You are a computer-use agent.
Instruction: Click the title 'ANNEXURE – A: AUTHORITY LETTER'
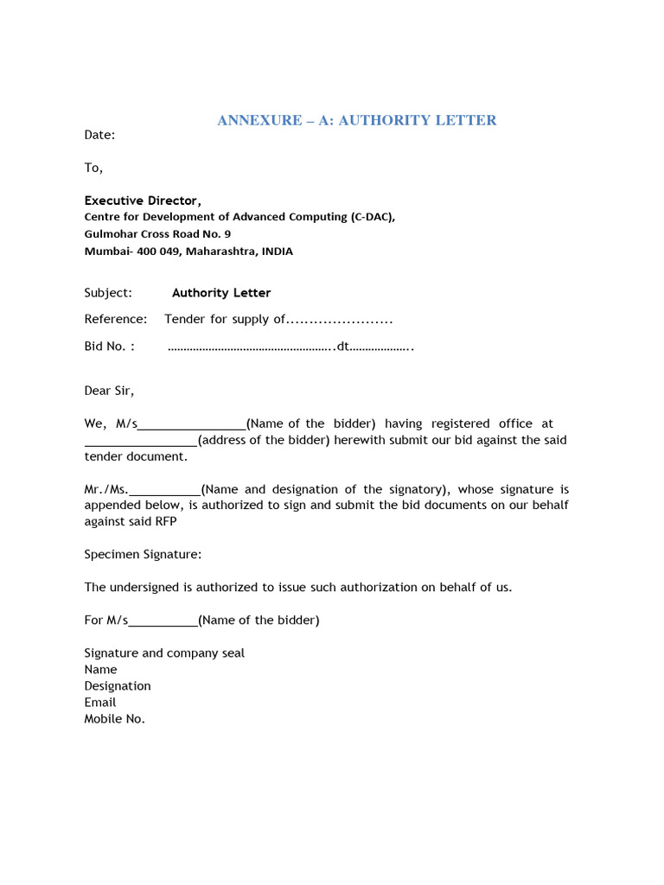coord(356,120)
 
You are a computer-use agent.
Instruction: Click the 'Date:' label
coord(99,135)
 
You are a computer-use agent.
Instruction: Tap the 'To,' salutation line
coord(93,168)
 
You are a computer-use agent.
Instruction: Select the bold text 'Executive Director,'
coord(143,201)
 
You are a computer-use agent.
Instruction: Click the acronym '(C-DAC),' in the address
coord(373,217)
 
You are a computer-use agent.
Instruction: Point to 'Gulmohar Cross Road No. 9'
coord(157,234)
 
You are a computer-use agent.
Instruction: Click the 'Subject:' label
coord(108,293)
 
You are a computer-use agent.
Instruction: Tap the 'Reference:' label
coord(116,319)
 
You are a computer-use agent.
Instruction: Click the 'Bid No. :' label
coord(110,347)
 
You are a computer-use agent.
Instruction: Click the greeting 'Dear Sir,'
coord(109,391)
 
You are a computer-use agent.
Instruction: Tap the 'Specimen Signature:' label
coord(143,554)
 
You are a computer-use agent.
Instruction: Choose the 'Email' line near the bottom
coord(100,702)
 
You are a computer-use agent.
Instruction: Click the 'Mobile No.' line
coord(114,718)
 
